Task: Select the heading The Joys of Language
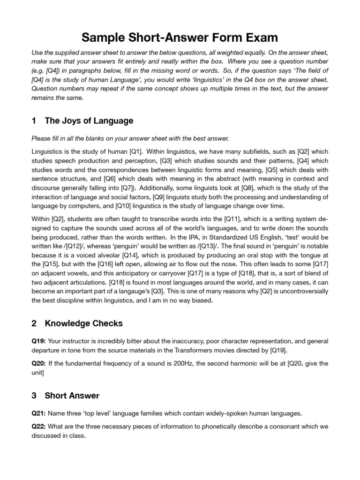tap(89, 121)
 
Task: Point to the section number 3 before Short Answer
tap(34, 396)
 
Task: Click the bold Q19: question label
tap(39, 341)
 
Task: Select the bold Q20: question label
tap(39, 363)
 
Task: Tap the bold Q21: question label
tap(39, 413)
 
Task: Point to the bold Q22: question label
tap(39, 427)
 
